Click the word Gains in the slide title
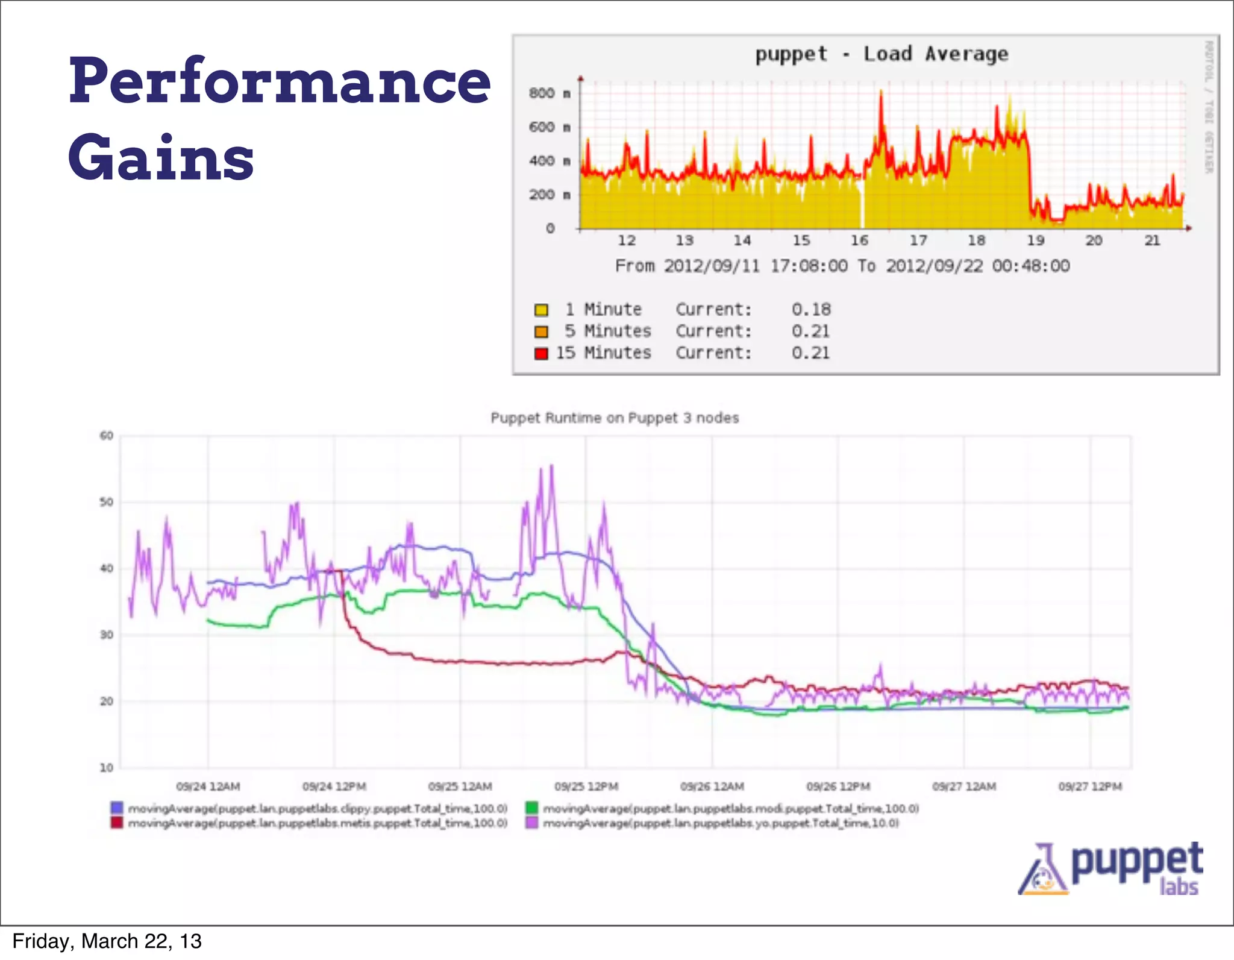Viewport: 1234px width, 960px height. (x=161, y=158)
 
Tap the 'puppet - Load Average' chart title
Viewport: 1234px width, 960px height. (x=882, y=54)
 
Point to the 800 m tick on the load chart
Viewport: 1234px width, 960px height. (x=549, y=93)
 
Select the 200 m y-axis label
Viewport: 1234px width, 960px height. (x=549, y=195)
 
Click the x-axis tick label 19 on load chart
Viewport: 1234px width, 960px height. (x=1035, y=240)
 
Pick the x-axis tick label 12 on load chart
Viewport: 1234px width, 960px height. (x=627, y=240)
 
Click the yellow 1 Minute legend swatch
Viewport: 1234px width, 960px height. (x=541, y=310)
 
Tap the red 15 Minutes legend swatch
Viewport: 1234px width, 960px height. (x=541, y=353)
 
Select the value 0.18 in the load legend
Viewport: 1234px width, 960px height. (x=811, y=310)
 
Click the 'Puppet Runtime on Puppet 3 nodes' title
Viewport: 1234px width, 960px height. (x=615, y=418)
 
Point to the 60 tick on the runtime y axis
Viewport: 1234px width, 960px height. (x=107, y=436)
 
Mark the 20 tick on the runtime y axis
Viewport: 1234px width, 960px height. (x=107, y=701)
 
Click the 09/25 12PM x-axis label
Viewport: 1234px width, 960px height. (x=586, y=786)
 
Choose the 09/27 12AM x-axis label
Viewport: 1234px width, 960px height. (x=964, y=786)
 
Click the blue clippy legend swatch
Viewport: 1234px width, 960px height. (x=117, y=808)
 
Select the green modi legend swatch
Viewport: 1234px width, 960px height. (x=531, y=808)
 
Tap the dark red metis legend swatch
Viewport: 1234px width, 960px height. (x=117, y=823)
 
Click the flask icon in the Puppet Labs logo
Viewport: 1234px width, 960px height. (x=1042, y=871)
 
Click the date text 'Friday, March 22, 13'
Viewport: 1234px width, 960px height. (x=107, y=941)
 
